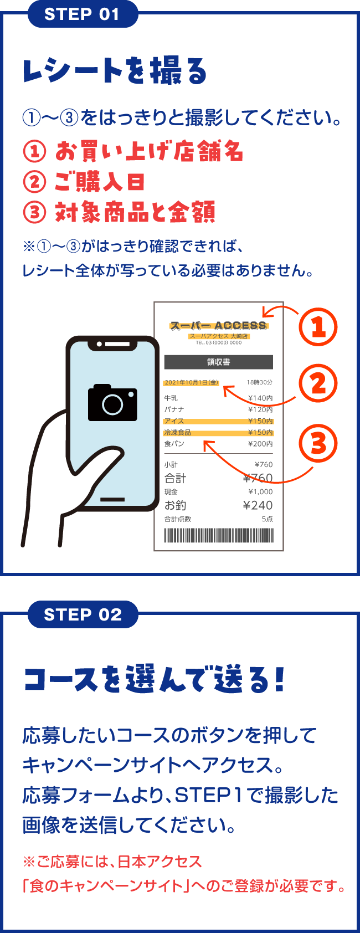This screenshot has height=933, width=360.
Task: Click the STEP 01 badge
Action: click(x=83, y=14)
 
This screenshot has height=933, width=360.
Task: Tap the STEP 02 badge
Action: click(x=83, y=614)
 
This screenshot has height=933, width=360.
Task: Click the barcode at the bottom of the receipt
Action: click(x=219, y=535)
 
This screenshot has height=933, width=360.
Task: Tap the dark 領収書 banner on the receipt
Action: click(x=219, y=362)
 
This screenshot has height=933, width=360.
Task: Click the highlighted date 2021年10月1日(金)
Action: click(x=192, y=382)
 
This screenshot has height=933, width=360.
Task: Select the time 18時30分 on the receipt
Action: click(x=260, y=382)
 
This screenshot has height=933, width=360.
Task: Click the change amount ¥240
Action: click(x=258, y=505)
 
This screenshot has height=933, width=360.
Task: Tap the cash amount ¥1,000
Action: click(x=260, y=492)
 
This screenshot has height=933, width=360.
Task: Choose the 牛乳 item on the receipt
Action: click(x=171, y=398)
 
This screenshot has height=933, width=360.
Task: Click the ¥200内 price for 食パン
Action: click(x=260, y=444)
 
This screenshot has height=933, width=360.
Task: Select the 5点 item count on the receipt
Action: click(x=267, y=519)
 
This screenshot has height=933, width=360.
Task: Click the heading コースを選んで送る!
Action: click(x=154, y=680)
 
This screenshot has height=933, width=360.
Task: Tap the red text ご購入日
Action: click(x=100, y=182)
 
